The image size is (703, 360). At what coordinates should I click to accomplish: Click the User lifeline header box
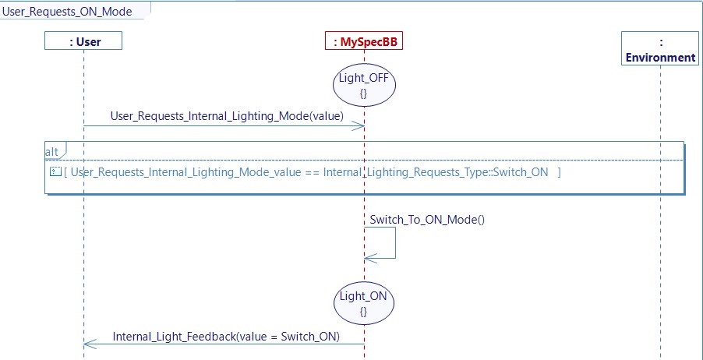(x=83, y=41)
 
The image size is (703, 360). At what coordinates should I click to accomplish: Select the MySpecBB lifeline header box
(x=364, y=41)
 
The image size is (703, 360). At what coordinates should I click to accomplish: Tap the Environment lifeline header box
(x=660, y=49)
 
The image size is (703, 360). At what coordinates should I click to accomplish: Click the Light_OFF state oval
(x=363, y=86)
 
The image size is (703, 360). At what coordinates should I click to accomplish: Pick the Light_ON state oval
(x=363, y=303)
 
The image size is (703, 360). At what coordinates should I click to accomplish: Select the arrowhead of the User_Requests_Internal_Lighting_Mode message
(x=359, y=126)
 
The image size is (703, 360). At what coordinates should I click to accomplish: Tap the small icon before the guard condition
(x=55, y=171)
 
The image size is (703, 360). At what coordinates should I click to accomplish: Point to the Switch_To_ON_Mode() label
(x=427, y=219)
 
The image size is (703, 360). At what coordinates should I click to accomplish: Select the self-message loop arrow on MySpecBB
(x=394, y=243)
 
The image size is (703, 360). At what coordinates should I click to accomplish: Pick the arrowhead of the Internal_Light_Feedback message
(x=88, y=344)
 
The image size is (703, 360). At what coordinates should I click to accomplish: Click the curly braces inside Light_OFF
(x=363, y=94)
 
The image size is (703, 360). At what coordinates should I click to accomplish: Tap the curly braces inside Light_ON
(x=363, y=311)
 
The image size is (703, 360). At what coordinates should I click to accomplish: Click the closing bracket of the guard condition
(x=558, y=172)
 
